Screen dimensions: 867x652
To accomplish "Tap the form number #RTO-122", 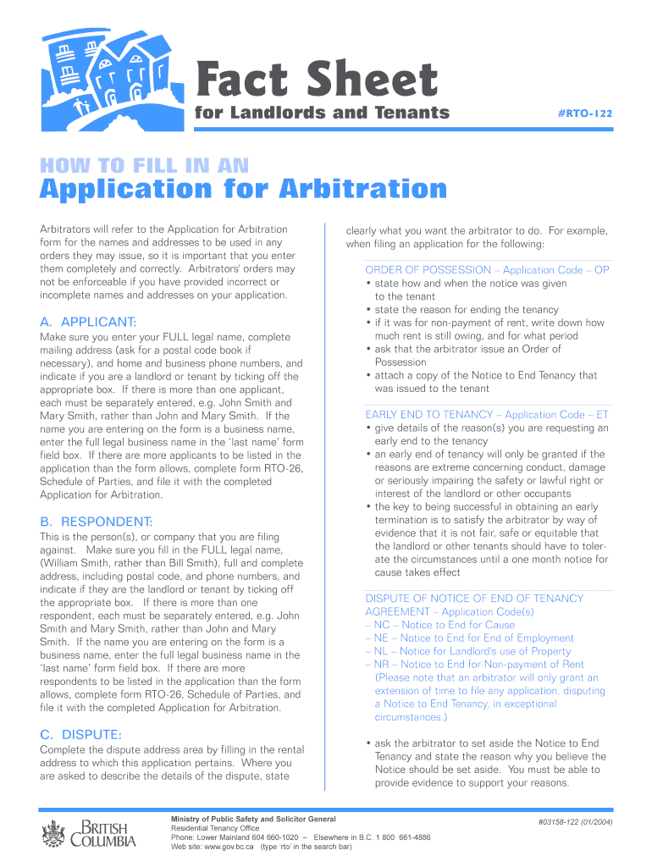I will [x=585, y=113].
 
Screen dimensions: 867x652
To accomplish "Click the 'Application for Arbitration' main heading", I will [x=244, y=189].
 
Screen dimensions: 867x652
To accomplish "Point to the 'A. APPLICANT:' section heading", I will [x=88, y=322].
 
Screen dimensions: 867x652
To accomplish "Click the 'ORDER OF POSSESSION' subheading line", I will [x=487, y=270].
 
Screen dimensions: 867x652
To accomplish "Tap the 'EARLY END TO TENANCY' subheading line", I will [x=487, y=415].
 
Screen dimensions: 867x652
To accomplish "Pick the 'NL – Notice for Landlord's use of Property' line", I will [x=468, y=651].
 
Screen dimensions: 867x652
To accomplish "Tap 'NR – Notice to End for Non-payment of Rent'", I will [x=474, y=665].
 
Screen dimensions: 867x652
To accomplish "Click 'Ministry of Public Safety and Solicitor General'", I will [x=253, y=820].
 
